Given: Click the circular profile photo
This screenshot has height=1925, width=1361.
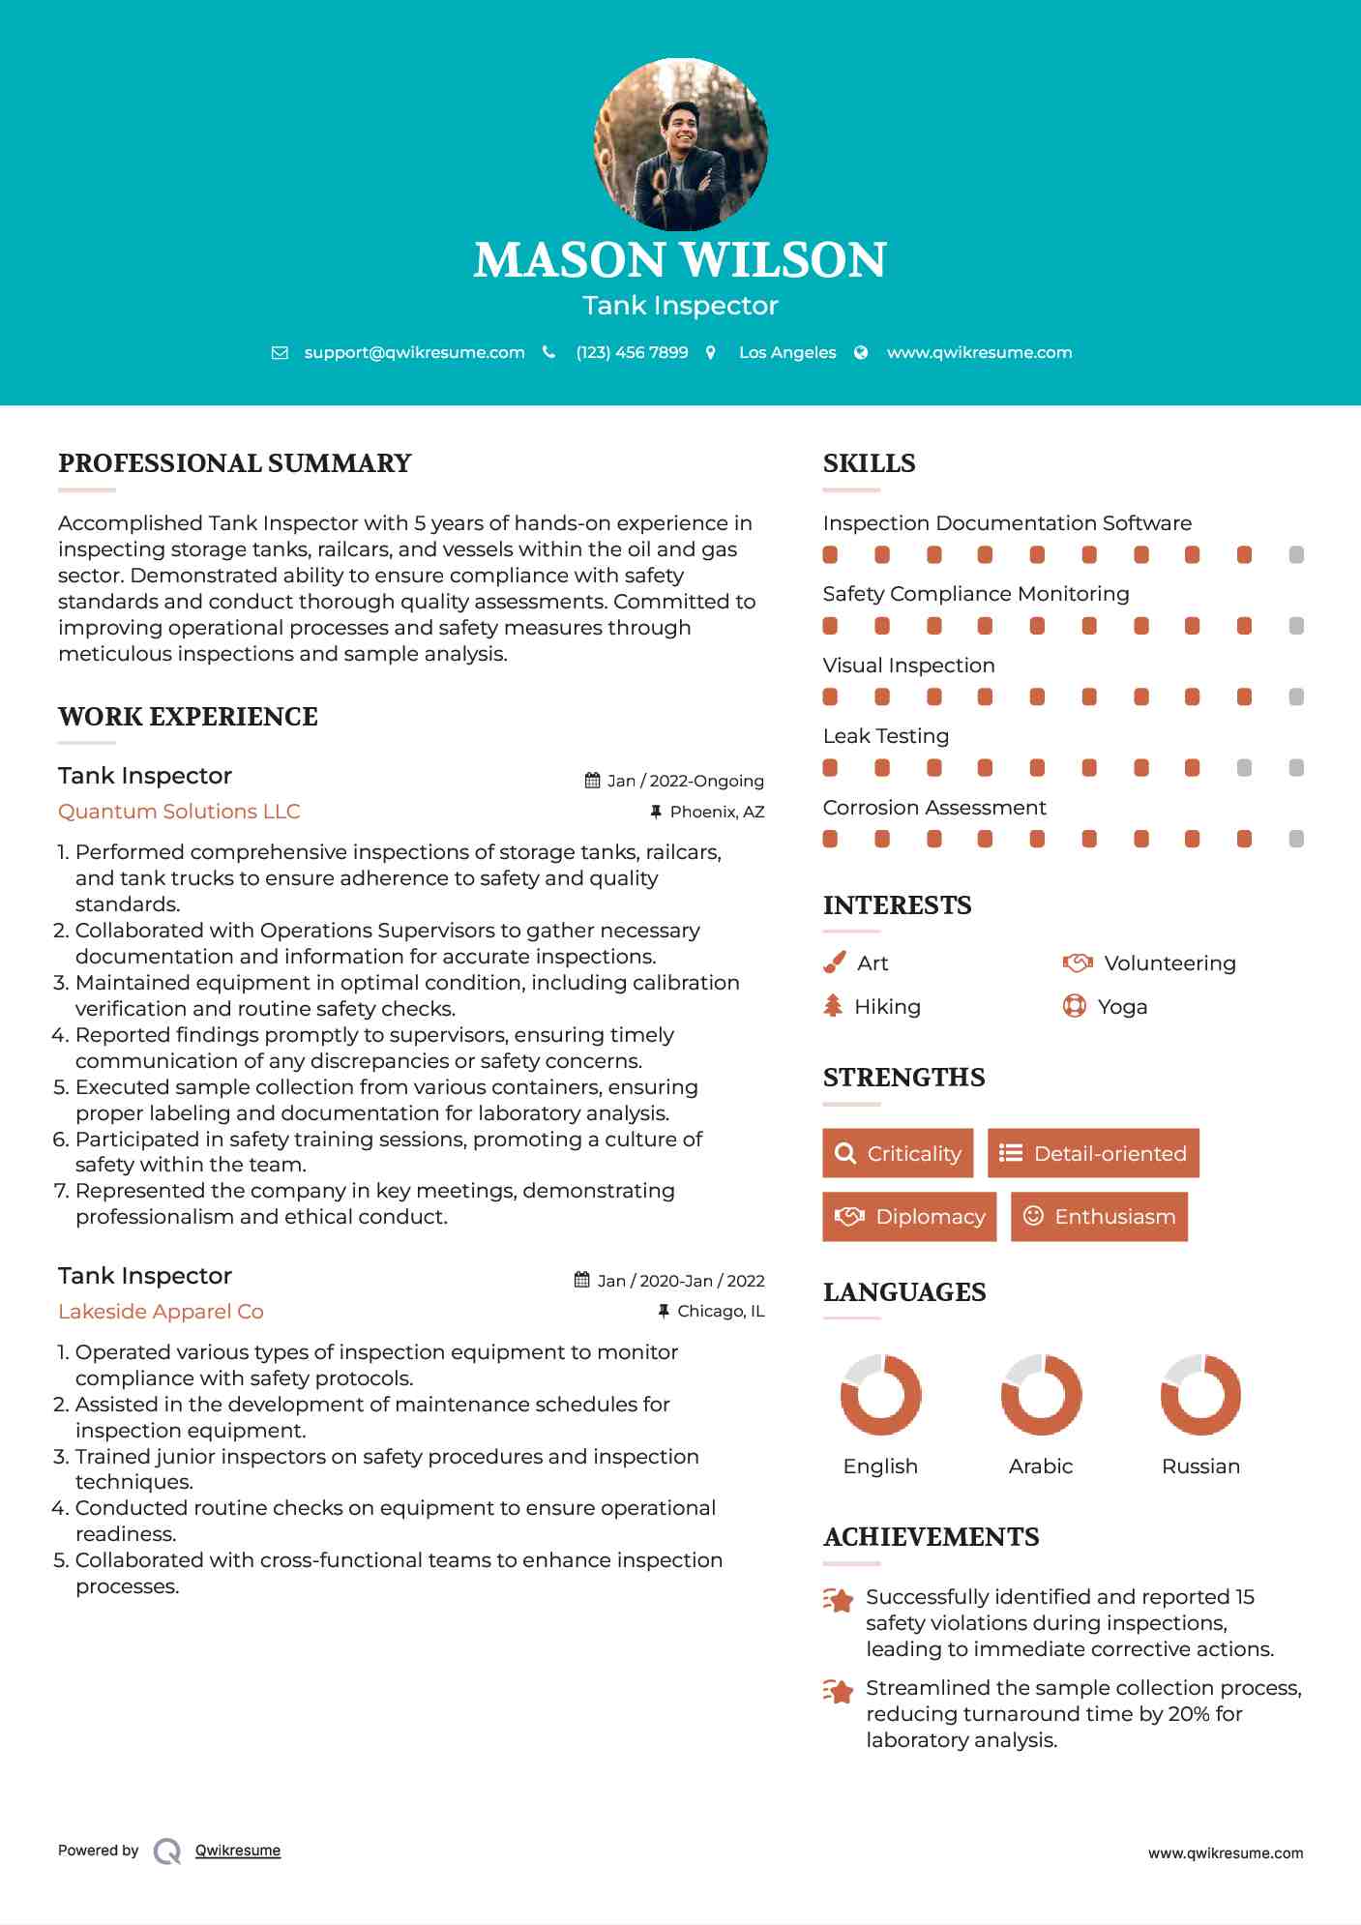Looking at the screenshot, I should point(680,145).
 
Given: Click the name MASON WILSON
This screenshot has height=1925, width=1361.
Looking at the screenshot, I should point(680,259).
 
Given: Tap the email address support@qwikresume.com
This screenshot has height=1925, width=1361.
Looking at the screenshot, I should point(414,353).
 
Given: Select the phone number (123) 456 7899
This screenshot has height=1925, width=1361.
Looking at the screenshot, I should point(632,353).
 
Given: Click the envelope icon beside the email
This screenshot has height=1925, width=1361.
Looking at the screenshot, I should point(280,353).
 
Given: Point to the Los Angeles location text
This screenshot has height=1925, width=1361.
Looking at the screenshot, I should point(787,353).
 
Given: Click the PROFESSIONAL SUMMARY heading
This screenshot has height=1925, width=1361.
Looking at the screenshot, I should point(235,463).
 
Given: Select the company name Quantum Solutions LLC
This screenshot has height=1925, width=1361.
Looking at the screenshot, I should point(179,812).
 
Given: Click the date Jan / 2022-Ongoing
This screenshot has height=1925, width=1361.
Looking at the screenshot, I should point(685,781).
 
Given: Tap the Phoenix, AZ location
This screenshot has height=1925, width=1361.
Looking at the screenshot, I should point(717,812).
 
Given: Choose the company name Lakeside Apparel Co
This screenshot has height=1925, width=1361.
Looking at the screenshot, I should point(161,1312).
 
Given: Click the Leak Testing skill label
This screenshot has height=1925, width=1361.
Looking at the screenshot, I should point(885,736).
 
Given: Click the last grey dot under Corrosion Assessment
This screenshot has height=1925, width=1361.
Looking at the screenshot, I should point(1296,839).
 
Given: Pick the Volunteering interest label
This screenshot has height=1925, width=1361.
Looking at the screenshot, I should point(1169,963).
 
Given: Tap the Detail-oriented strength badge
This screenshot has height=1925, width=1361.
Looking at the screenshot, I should point(1093,1153).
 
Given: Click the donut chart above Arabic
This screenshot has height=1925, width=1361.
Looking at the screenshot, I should point(1041,1395).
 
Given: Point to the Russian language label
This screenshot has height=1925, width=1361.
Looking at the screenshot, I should point(1200,1466).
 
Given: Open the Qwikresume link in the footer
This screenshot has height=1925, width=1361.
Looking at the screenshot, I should point(238,1851).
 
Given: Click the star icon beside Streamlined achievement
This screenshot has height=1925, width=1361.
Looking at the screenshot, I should point(839,1691).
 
